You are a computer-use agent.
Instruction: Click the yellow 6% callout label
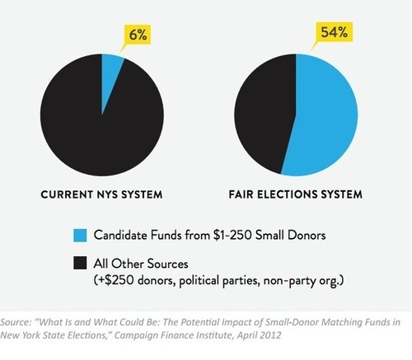point(138,35)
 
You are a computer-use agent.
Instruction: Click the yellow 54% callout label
point(335,32)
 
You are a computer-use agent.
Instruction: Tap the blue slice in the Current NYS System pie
point(110,74)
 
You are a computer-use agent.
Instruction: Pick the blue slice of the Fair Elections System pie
point(324,115)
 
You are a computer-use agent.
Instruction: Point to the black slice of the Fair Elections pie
point(264,113)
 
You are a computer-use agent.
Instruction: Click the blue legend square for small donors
point(80,236)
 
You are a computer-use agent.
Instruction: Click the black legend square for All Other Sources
point(80,263)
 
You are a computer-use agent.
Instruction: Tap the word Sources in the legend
point(168,264)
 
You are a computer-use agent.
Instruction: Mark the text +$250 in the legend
point(116,280)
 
